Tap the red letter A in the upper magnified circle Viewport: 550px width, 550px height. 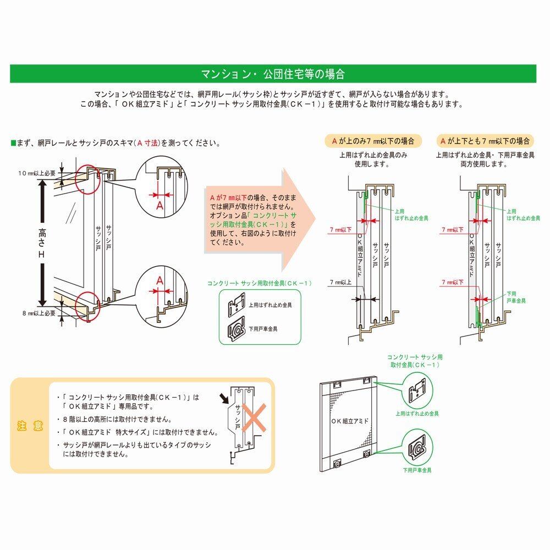(x=159, y=205)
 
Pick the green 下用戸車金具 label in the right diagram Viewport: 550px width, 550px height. (x=516, y=297)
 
